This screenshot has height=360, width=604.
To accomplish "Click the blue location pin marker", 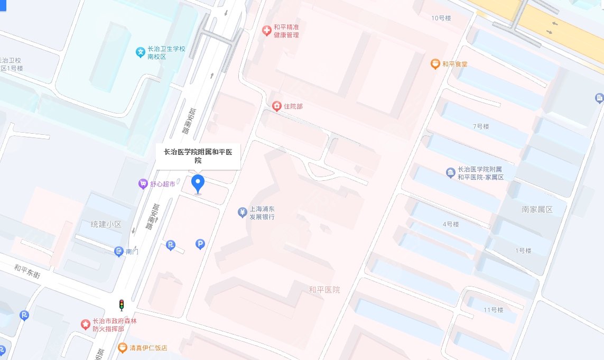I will tap(198, 183).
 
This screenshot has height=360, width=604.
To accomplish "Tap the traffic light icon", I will tap(122, 305).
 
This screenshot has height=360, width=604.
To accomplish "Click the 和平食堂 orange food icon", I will tap(435, 64).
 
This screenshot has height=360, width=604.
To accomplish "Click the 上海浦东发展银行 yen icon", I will tap(242, 213).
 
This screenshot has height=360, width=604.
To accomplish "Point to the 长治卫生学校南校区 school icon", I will tap(141, 52).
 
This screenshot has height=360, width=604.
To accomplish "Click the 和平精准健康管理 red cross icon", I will tap(267, 31).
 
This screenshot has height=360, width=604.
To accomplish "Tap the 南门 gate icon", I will tap(119, 252).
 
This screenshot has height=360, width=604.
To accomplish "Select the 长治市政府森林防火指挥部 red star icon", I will tap(85, 325).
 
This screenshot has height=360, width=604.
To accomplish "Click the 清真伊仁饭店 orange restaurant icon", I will tap(122, 348).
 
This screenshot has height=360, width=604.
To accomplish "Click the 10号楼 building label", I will tap(441, 18).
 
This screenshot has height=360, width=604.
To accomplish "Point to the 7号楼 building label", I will tap(481, 127).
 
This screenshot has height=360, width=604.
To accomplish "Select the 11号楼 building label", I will tap(493, 309).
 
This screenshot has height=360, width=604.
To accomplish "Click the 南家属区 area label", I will tap(537, 209).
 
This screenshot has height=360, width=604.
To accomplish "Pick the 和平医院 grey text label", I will tap(324, 290).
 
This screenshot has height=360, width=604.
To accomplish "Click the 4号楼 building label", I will tap(451, 224).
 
